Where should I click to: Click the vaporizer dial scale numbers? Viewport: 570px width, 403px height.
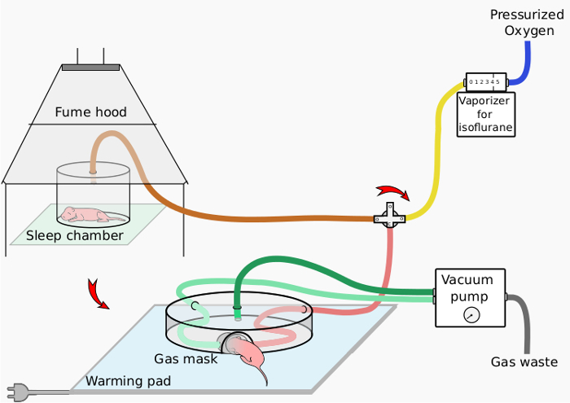tap(484, 82)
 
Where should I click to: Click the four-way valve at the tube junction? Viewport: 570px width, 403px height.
tap(389, 217)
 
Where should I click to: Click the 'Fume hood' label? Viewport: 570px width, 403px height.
tap(90, 112)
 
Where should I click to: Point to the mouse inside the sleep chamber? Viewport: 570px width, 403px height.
tap(85, 214)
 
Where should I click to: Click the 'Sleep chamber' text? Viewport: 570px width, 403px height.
tap(75, 236)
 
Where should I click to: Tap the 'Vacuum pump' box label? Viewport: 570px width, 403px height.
tap(467, 287)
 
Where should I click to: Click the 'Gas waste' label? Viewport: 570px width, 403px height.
tap(524, 362)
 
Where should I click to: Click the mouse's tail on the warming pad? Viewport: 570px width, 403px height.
tap(265, 376)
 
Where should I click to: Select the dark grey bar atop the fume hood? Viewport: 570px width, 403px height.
tap(90, 66)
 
